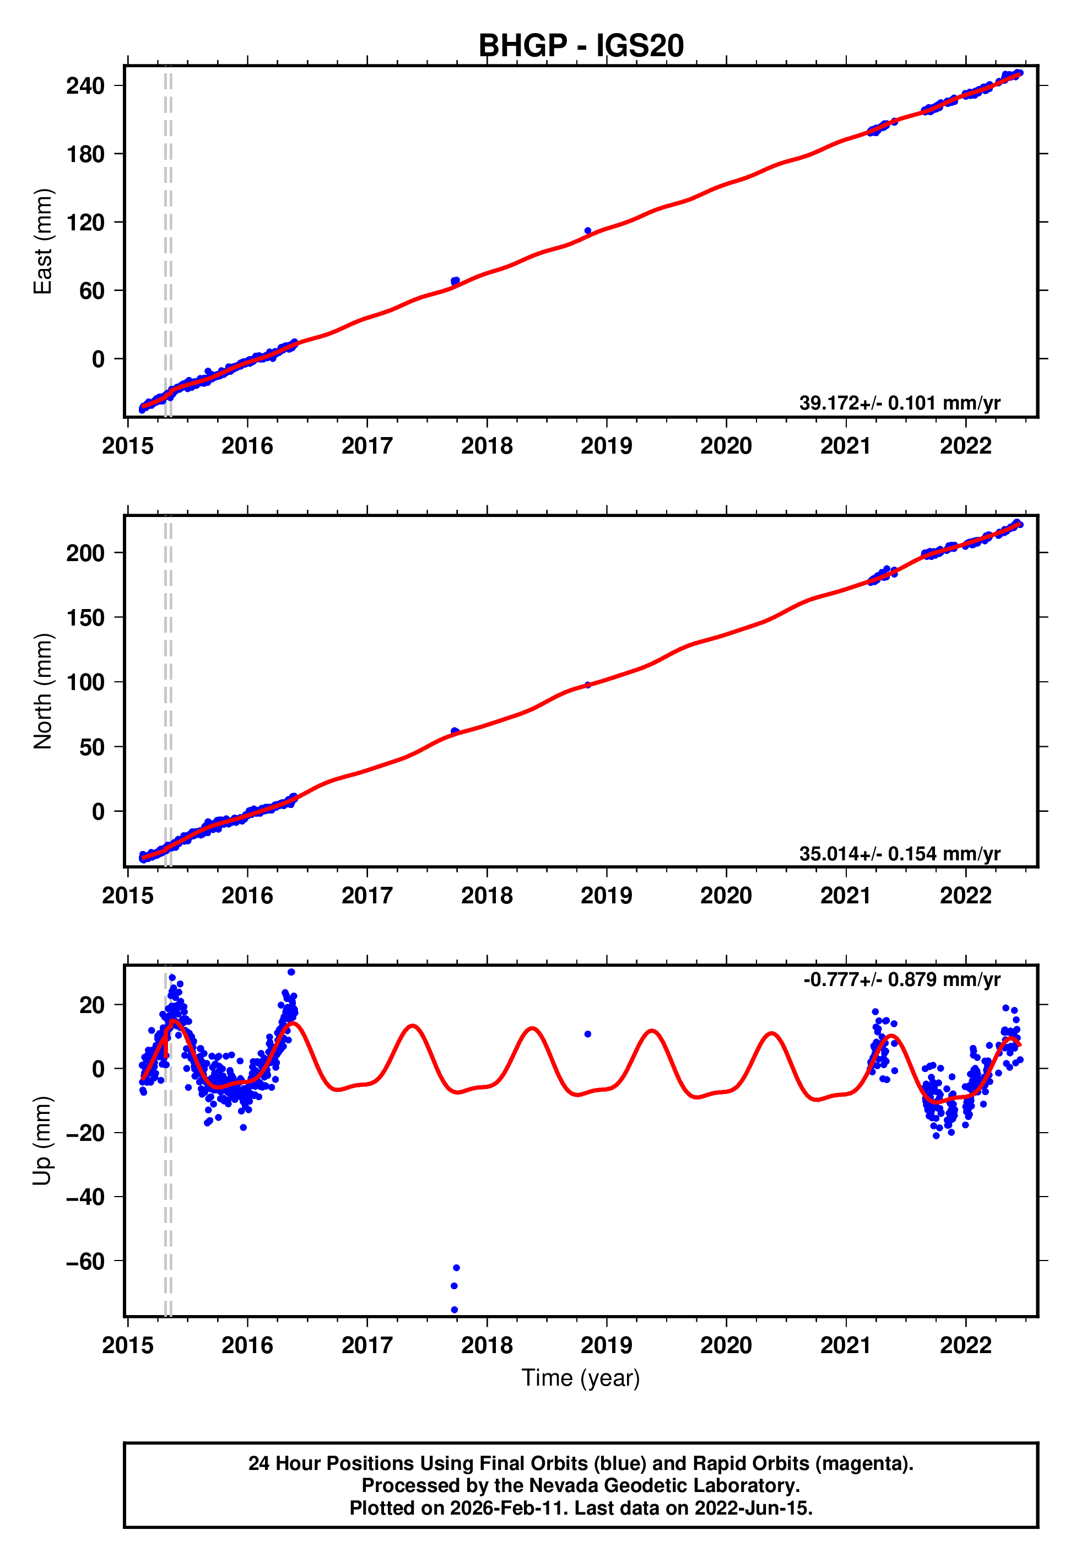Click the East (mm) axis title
42,241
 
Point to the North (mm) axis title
42,691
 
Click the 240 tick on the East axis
85,86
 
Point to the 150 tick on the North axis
85,618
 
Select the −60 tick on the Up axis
85,1261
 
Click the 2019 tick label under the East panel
606,446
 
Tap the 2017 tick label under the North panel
366,896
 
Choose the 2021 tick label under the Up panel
845,1345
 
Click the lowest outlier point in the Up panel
455,1310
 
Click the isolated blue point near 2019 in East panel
587,231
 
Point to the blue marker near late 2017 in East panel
455,281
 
